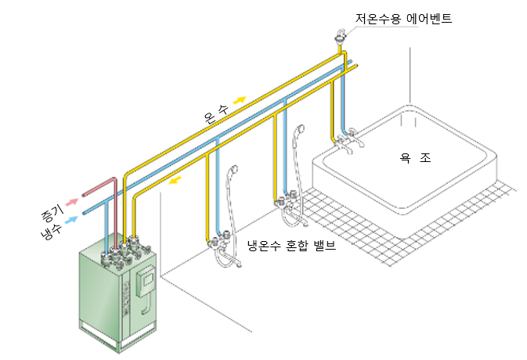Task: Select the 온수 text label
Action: tap(215, 115)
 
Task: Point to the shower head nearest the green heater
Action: tap(232, 173)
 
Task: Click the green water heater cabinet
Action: tap(117, 297)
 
